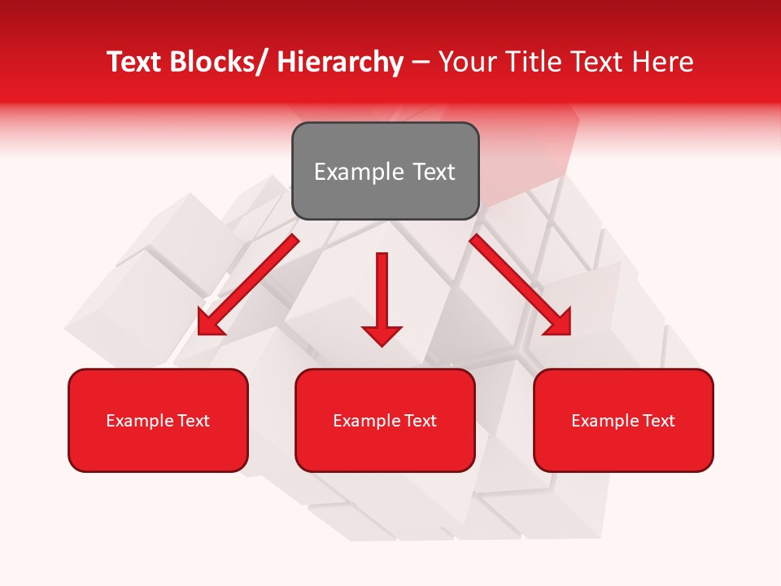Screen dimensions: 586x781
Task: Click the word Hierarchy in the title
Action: point(340,62)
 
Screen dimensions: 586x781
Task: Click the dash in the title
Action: point(421,62)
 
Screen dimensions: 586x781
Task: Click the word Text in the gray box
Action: point(433,172)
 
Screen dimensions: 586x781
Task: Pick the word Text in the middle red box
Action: point(421,421)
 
